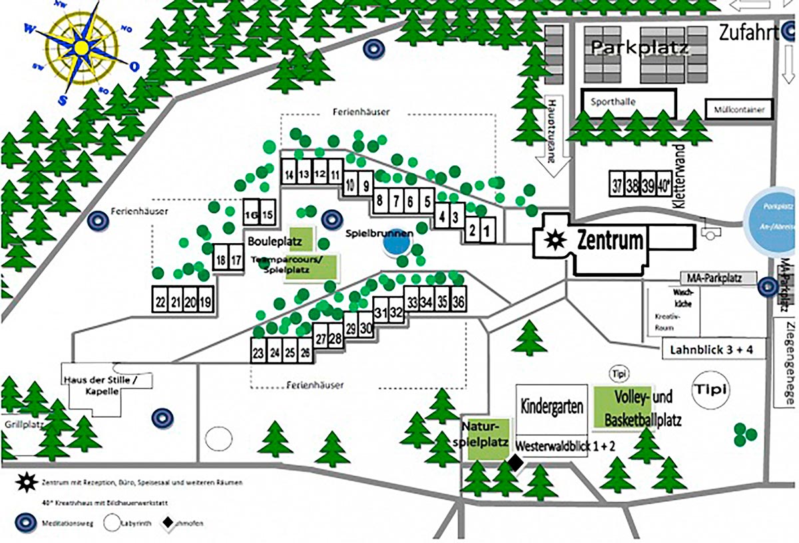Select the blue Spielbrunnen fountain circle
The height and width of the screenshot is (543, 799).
click(x=395, y=244)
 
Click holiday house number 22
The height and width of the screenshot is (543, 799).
click(x=160, y=301)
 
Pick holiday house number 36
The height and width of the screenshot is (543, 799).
click(x=457, y=302)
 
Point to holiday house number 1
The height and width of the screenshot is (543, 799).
click(x=487, y=231)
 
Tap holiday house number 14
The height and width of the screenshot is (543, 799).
click(x=289, y=175)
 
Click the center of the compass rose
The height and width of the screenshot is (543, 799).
click(x=80, y=48)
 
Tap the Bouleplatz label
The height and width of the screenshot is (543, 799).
click(x=273, y=239)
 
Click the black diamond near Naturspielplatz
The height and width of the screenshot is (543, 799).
click(x=515, y=462)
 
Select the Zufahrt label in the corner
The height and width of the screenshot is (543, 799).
click(x=748, y=33)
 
